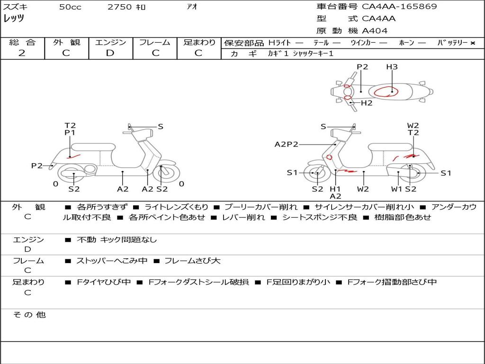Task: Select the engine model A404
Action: coord(375,31)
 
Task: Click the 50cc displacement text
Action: coord(70,7)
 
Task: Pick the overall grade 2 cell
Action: coord(22,53)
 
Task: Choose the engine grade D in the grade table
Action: coord(110,53)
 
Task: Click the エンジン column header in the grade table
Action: coord(110,43)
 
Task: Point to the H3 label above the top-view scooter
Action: coord(392,67)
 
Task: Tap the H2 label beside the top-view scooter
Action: coord(367,103)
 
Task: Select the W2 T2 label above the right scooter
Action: coord(413,129)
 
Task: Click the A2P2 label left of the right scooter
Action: coord(286,144)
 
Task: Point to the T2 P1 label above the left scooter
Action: coord(70,129)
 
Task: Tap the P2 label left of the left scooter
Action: coord(37,165)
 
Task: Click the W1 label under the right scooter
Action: coord(397,189)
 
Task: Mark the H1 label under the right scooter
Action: coord(335,189)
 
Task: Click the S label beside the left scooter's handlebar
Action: coord(161,127)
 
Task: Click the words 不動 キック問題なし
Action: coord(117,240)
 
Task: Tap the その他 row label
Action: coord(29,315)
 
